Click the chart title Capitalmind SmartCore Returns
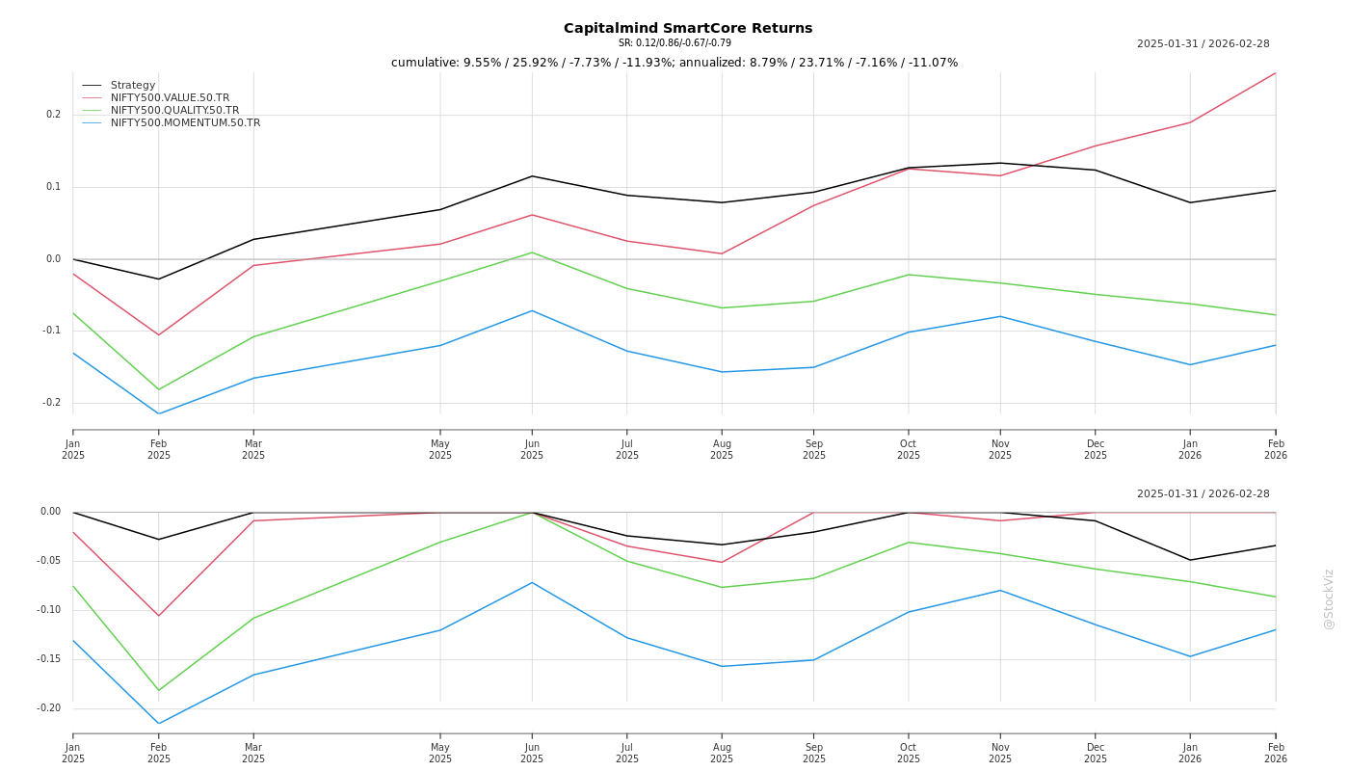tap(688, 28)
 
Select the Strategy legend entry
tap(133, 86)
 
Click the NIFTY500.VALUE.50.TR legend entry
tap(170, 98)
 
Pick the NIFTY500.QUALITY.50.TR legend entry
tap(174, 111)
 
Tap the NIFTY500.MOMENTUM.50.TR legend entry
tap(185, 123)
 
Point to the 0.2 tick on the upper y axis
tap(53, 115)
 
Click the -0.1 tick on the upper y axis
tap(51, 331)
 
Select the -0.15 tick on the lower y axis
tap(48, 659)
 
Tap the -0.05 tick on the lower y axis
tap(48, 561)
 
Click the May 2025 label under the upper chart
tap(440, 450)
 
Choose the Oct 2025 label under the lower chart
tap(908, 753)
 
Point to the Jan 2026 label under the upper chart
tap(1190, 450)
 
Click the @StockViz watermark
tap(1329, 598)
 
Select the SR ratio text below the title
tap(674, 43)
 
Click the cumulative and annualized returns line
tap(674, 63)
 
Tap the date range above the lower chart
tap(1203, 494)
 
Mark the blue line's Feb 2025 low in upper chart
tap(159, 414)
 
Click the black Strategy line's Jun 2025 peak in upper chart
tap(532, 175)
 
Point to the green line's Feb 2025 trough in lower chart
tap(159, 690)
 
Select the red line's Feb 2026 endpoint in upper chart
tap(1275, 73)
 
